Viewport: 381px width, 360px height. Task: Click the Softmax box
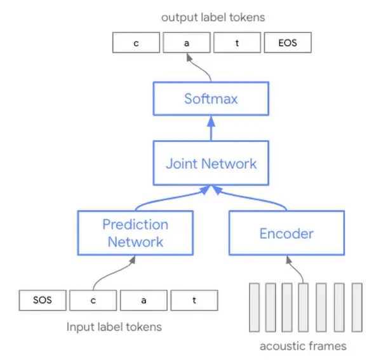(211, 98)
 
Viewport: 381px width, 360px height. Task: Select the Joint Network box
(211, 163)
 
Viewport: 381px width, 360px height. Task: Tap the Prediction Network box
(135, 232)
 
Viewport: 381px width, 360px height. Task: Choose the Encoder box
(286, 233)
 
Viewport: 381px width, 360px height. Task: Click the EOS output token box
(287, 43)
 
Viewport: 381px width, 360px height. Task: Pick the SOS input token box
(43, 300)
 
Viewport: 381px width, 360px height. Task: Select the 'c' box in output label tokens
(136, 43)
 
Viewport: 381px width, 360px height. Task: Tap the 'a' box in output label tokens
(186, 43)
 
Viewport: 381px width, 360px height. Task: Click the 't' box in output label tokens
(236, 43)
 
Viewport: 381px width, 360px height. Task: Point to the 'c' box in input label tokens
(93, 300)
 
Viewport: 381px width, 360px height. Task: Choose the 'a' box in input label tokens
(143, 300)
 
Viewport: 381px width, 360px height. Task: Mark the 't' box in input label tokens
(194, 300)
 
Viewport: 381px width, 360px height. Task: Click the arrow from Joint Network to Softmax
(211, 130)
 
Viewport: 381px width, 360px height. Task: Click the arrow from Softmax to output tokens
(199, 68)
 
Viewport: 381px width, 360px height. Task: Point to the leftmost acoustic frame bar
(255, 307)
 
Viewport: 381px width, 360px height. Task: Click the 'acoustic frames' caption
(304, 346)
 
